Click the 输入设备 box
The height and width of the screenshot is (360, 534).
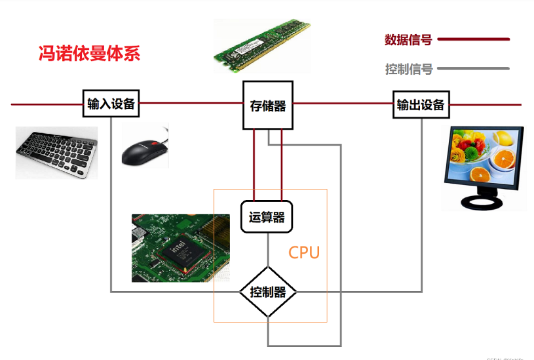tap(111, 104)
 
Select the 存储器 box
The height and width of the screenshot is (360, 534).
tap(268, 105)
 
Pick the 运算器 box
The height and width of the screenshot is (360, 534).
tap(267, 217)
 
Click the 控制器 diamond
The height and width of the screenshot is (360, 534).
tap(268, 292)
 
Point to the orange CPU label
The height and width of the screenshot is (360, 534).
tap(304, 252)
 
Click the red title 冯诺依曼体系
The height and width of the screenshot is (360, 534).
tap(90, 53)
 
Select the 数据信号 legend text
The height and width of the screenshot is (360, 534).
tap(408, 39)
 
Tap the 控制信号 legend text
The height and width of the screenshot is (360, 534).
tap(408, 69)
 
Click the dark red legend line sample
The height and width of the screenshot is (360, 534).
tap(473, 39)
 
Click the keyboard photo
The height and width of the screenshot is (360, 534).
tap(56, 152)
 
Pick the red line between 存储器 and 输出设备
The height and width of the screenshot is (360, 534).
tap(344, 104)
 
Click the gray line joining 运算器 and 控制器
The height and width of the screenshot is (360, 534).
tap(267, 249)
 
